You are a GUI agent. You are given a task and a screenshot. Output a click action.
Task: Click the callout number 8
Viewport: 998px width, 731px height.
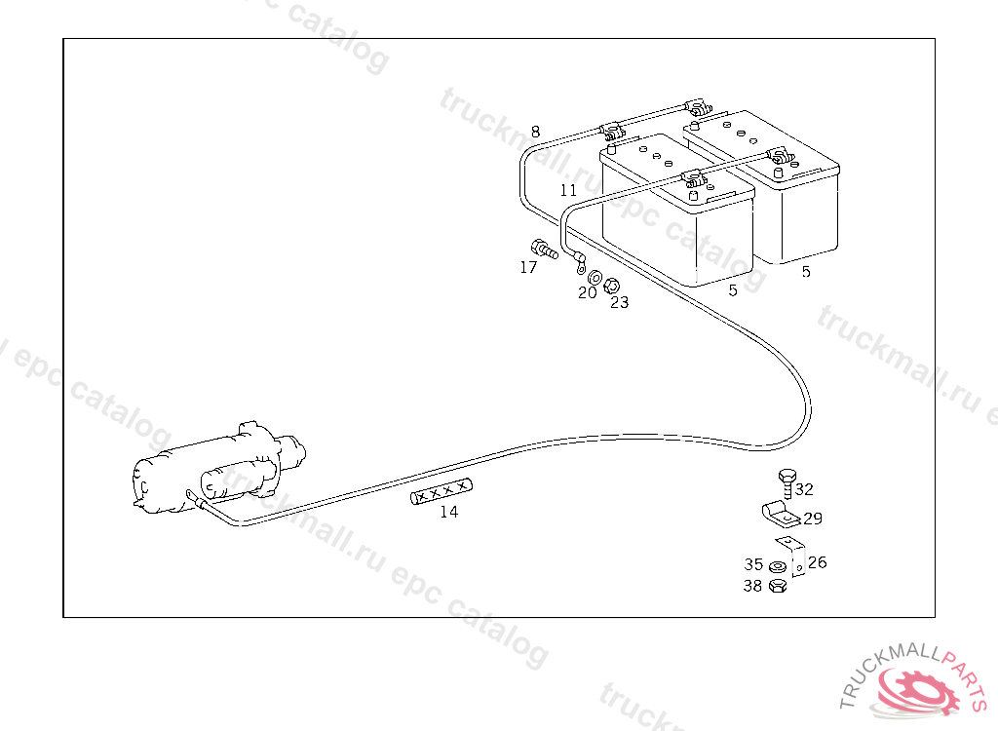(x=535, y=132)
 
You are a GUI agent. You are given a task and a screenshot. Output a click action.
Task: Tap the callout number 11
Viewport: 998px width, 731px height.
(x=568, y=190)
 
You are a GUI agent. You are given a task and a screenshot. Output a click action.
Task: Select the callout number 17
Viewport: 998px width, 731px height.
(x=528, y=267)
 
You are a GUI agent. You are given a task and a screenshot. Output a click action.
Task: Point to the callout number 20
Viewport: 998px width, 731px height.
(x=587, y=292)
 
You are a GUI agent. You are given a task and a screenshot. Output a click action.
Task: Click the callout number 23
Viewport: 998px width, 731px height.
(x=620, y=302)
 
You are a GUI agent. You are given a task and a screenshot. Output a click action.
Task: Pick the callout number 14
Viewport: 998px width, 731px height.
(x=448, y=512)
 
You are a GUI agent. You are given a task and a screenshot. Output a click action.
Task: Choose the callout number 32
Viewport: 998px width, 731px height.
(x=804, y=489)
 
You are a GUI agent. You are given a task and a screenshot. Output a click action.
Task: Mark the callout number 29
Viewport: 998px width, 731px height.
(x=813, y=519)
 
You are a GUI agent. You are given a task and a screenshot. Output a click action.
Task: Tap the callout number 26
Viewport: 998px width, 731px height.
(x=817, y=562)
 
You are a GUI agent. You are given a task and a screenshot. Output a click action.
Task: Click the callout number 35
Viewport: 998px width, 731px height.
(x=753, y=564)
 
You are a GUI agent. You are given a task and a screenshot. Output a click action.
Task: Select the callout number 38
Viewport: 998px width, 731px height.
(x=752, y=586)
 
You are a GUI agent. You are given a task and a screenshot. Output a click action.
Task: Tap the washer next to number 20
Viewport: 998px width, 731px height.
(x=595, y=280)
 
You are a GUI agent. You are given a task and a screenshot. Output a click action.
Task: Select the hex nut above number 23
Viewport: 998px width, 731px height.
(x=612, y=286)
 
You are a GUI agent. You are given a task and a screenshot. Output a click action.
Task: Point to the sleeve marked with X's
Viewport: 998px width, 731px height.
(x=441, y=492)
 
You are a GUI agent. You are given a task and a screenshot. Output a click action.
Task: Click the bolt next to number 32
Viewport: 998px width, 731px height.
(x=786, y=482)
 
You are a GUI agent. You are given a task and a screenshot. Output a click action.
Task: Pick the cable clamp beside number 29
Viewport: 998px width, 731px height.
(x=777, y=511)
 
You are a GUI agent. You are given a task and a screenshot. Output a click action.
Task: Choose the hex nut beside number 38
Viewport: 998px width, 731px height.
(x=777, y=586)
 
